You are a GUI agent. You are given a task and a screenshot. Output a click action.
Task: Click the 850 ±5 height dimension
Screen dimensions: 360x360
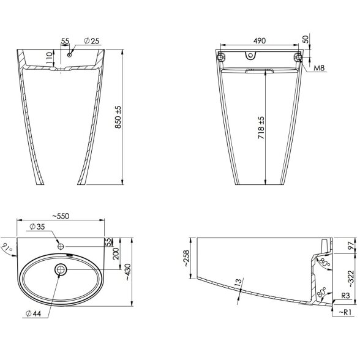(118, 117)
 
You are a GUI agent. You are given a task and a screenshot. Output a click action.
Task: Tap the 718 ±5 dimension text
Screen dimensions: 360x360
(261, 127)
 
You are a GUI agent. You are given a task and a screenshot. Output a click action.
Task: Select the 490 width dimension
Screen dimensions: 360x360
(260, 40)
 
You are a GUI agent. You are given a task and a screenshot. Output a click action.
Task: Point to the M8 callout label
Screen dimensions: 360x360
(320, 68)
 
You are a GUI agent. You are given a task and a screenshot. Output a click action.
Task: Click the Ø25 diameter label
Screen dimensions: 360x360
(91, 41)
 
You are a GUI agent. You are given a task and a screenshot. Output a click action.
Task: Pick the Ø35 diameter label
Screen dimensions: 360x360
(37, 227)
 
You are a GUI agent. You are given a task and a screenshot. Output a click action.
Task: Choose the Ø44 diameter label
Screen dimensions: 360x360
(33, 313)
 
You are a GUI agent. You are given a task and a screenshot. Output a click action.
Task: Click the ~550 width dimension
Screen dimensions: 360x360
(61, 216)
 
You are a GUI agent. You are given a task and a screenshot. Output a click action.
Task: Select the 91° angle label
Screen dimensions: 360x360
(7, 248)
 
